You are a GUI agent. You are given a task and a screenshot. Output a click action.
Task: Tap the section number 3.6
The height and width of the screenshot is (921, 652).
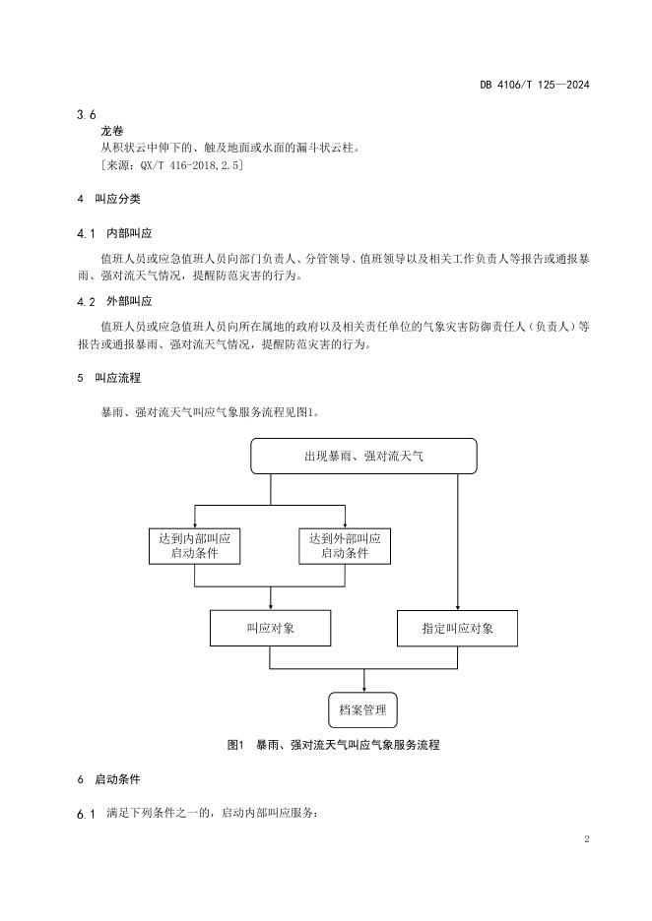(86, 114)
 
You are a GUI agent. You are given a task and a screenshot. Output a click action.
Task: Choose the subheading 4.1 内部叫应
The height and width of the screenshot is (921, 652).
(114, 234)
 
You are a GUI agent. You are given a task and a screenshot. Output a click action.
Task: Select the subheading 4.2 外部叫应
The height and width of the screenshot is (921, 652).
(114, 301)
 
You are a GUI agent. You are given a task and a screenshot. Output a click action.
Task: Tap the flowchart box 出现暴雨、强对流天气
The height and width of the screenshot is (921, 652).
(363, 457)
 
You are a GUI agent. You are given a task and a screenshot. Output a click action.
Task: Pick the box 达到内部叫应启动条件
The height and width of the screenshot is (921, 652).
(194, 546)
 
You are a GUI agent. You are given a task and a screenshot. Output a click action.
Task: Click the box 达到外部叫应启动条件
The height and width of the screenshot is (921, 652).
(345, 546)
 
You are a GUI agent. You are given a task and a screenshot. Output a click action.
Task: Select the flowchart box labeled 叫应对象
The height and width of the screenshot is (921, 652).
(270, 628)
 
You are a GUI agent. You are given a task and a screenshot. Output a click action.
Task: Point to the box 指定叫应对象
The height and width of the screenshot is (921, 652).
(457, 628)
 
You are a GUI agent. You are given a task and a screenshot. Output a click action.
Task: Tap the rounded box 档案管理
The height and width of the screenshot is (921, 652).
(363, 708)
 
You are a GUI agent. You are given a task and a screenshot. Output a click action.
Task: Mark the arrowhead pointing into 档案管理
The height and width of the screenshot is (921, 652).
(364, 687)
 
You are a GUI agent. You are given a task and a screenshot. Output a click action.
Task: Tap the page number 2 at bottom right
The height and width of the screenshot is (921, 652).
(586, 839)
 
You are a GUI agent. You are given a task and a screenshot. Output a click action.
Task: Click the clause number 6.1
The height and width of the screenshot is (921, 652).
(86, 814)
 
